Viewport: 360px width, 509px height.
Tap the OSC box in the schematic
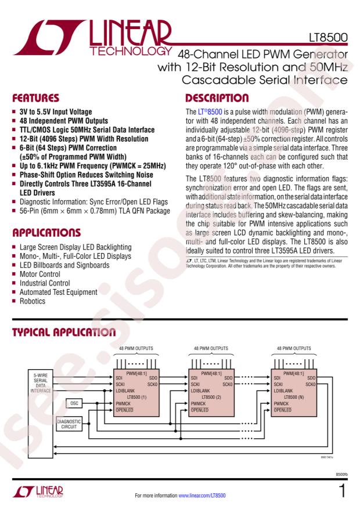pyautogui.click(x=74, y=402)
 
